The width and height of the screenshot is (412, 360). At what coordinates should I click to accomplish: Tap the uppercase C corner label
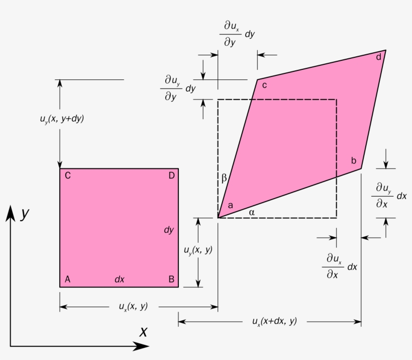67,175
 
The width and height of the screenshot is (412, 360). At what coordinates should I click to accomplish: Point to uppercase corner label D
171,175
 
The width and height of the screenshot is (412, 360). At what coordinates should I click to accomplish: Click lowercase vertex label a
231,205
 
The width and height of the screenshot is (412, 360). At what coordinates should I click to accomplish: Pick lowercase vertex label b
354,161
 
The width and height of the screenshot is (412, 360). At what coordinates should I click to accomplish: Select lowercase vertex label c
264,85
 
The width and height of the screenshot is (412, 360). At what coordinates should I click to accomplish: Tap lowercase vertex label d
378,56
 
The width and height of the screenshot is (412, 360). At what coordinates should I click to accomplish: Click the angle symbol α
252,212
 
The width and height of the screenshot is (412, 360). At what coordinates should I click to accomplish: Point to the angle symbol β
224,177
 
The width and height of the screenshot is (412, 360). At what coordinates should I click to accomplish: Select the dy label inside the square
169,230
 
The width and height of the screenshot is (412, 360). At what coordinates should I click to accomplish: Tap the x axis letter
144,331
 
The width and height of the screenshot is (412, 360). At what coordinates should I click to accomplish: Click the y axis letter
25,214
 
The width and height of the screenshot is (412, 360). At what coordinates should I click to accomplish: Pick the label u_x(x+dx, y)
274,321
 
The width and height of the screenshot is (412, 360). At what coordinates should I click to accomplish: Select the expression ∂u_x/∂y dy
237,34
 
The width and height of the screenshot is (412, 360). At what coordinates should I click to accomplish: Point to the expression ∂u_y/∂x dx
388,196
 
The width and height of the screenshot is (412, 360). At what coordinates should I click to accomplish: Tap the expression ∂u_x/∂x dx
339,266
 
